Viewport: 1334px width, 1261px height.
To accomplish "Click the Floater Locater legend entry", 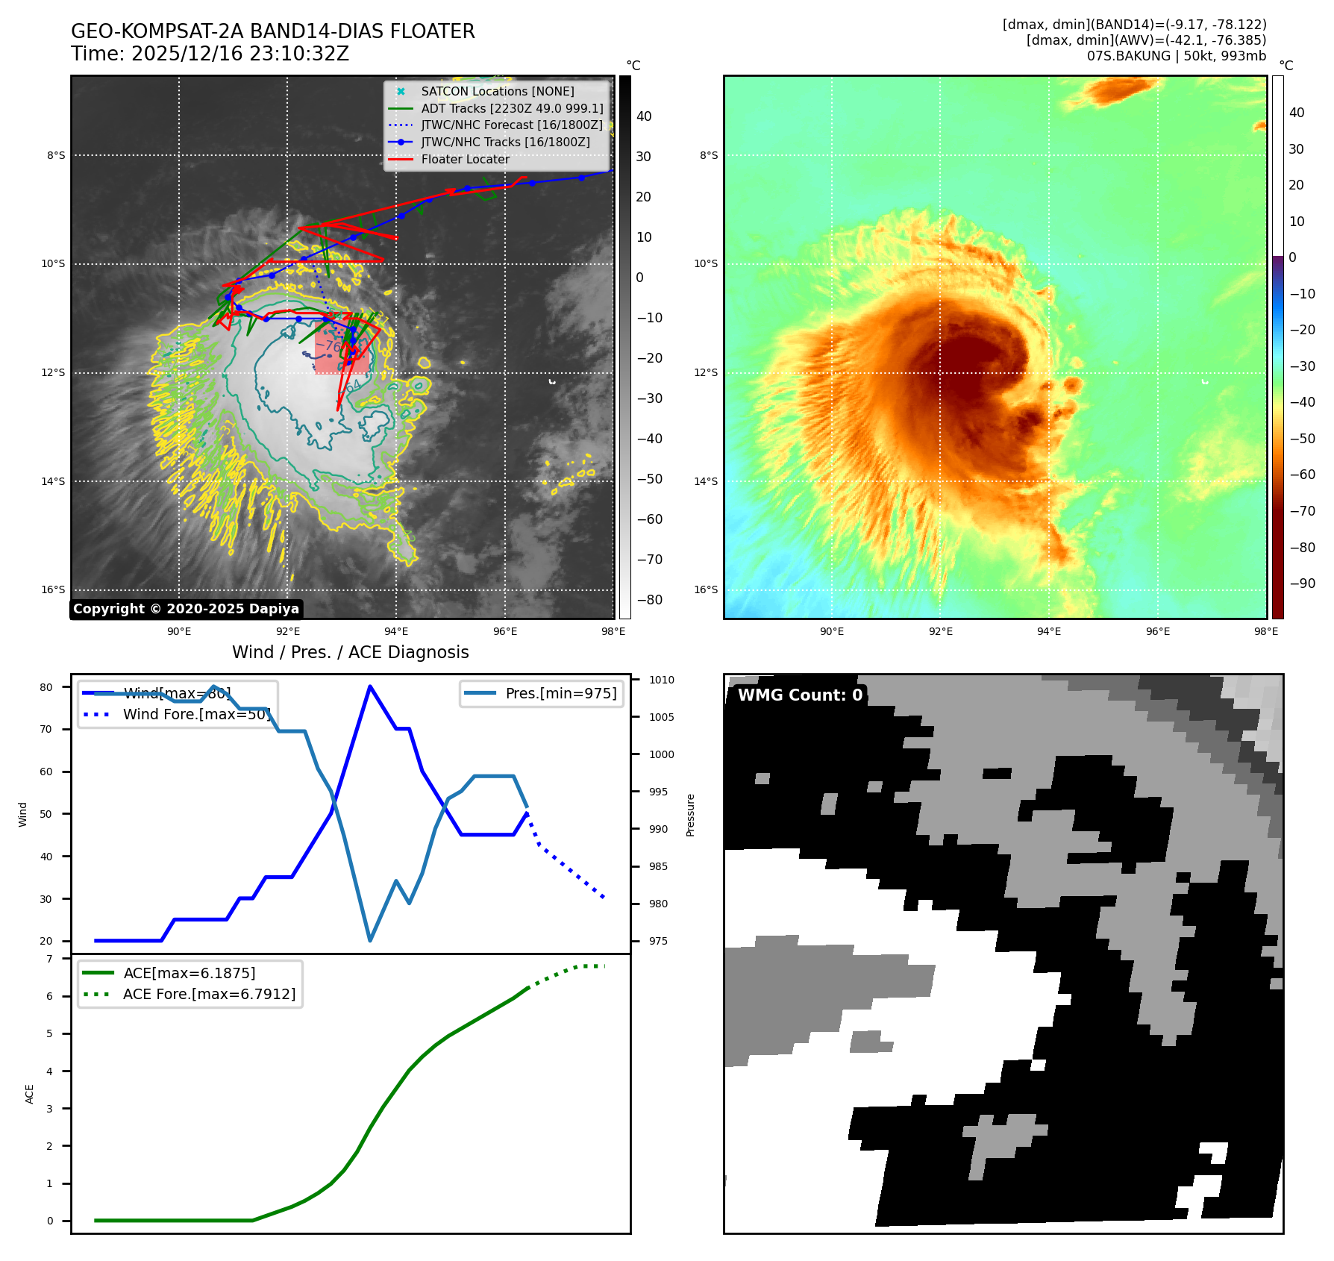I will point(465,159).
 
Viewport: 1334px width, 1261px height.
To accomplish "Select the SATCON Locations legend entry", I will point(497,91).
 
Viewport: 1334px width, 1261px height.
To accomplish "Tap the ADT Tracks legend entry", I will point(512,108).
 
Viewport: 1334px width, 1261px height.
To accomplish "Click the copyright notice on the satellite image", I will point(186,609).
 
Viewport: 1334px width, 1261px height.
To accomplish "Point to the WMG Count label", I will point(800,695).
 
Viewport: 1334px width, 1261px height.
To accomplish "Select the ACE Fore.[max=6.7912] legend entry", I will point(209,994).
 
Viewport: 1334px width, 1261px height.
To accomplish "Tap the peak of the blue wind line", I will point(370,686).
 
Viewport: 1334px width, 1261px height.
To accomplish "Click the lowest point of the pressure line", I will point(370,940).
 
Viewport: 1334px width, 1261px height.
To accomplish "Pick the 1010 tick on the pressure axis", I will point(661,680).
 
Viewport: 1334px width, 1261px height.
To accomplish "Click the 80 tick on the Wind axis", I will point(46,687).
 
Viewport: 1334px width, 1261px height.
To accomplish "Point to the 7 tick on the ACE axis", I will point(49,959).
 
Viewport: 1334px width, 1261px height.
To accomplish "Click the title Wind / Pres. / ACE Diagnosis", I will point(351,652).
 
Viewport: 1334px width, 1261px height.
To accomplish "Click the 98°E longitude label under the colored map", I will point(1265,631).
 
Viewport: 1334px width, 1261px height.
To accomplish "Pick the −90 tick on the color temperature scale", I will point(1303,583).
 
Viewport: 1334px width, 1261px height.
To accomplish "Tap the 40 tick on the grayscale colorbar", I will point(644,116).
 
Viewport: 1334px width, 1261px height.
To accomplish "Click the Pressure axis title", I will point(690,815).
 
